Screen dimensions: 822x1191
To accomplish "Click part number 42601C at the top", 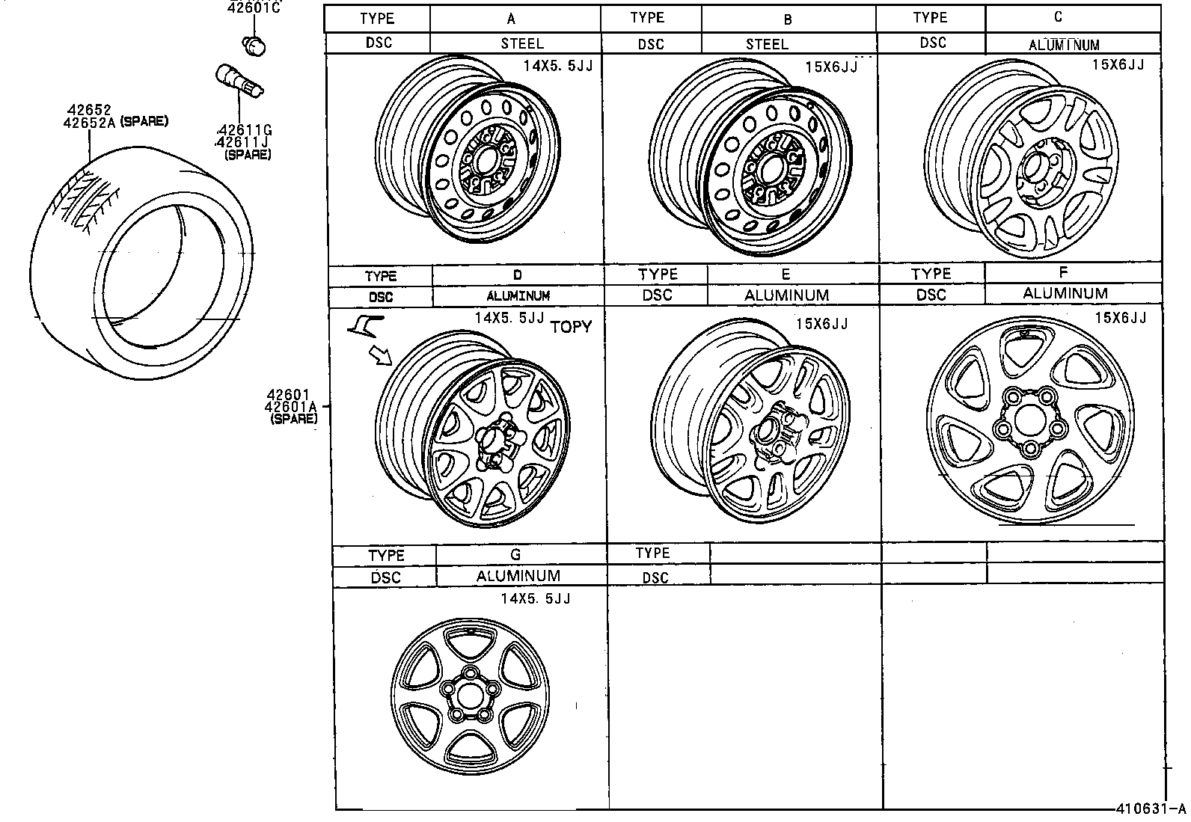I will pyautogui.click(x=254, y=8).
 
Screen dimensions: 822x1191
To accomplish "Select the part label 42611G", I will pyautogui.click(x=243, y=129).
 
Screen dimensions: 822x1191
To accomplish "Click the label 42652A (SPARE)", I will pyautogui.click(x=115, y=122).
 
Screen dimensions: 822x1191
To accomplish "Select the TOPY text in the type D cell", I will pyautogui.click(x=571, y=327).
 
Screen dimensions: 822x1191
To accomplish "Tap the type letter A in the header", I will pyautogui.click(x=511, y=19).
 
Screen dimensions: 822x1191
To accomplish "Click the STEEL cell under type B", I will pyautogui.click(x=767, y=44).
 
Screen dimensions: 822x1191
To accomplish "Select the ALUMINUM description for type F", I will pyautogui.click(x=1065, y=294).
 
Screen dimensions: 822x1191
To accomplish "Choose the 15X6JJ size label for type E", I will pyautogui.click(x=821, y=324).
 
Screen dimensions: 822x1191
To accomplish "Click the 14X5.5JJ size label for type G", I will pyautogui.click(x=535, y=599).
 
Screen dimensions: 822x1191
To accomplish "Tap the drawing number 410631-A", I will pyautogui.click(x=1151, y=809).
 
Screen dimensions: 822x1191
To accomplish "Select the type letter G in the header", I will pyautogui.click(x=515, y=555).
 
